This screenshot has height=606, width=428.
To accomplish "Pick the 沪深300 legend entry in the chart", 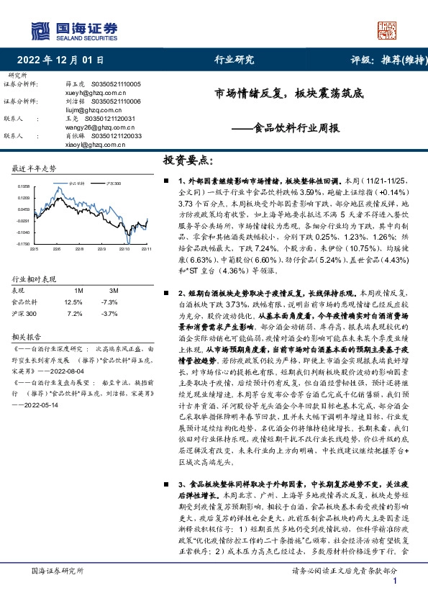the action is pyautogui.click(x=111, y=184).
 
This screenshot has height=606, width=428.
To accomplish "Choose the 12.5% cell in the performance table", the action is pyautogui.click(x=73, y=302).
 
